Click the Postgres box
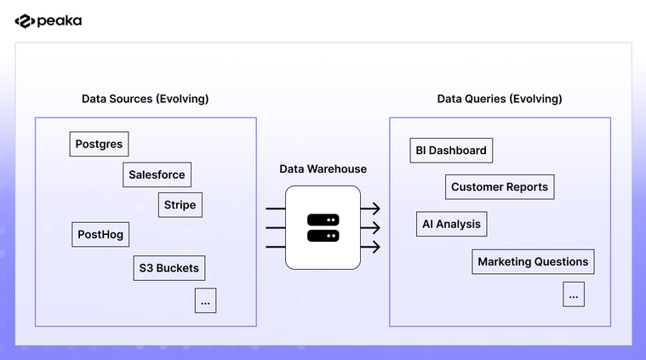click(x=99, y=144)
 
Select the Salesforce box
click(x=157, y=174)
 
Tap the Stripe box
click(x=180, y=205)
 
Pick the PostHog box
click(x=100, y=235)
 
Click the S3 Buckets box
click(x=169, y=268)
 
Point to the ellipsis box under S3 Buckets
click(x=205, y=300)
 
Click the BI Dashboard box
click(x=451, y=151)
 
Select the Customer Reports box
click(x=500, y=186)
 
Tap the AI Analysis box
click(x=451, y=225)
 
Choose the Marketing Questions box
click(x=533, y=261)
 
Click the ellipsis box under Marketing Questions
click(x=574, y=294)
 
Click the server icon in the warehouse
click(x=323, y=227)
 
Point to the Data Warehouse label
click(x=323, y=169)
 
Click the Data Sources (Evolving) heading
click(x=145, y=99)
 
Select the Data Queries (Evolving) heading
click(x=500, y=99)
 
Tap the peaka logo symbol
click(x=24, y=21)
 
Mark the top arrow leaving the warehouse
click(x=370, y=209)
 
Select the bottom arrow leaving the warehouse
click(x=370, y=247)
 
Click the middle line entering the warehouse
click(x=275, y=227)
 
